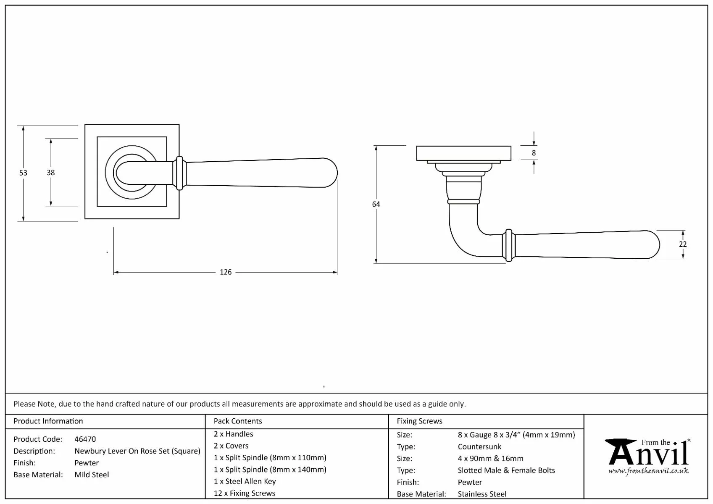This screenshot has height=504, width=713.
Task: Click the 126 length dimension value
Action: [x=226, y=272]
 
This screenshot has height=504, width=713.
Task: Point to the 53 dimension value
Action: [x=23, y=173]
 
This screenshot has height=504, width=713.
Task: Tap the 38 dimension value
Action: [x=50, y=173]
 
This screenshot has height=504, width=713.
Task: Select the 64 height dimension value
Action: [x=376, y=204]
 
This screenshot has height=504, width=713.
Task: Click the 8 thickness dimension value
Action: [x=534, y=153]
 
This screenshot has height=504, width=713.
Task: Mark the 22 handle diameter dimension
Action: [x=683, y=244]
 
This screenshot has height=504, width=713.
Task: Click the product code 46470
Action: [x=85, y=439]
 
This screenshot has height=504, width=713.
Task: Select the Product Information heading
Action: [x=48, y=421]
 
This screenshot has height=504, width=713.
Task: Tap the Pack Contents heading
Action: [x=238, y=421]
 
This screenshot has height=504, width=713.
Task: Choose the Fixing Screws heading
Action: [x=420, y=421]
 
